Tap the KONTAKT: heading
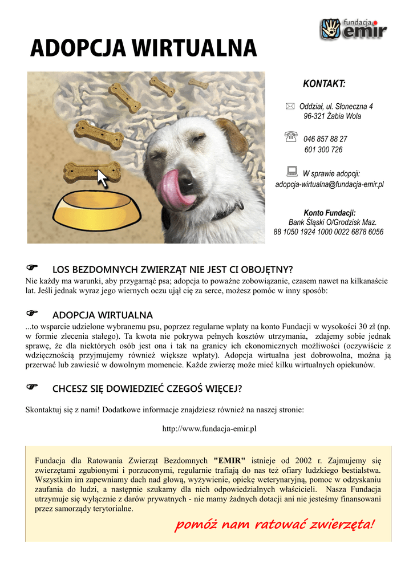point(324,84)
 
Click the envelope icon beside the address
point(290,106)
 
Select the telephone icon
point(291,136)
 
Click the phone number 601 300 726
point(323,150)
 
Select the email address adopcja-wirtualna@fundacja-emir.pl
point(329,185)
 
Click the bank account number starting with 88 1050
point(329,232)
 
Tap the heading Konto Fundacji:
point(330,213)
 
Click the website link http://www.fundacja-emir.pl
point(209,428)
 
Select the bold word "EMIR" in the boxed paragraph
point(229,460)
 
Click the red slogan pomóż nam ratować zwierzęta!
point(275,524)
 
